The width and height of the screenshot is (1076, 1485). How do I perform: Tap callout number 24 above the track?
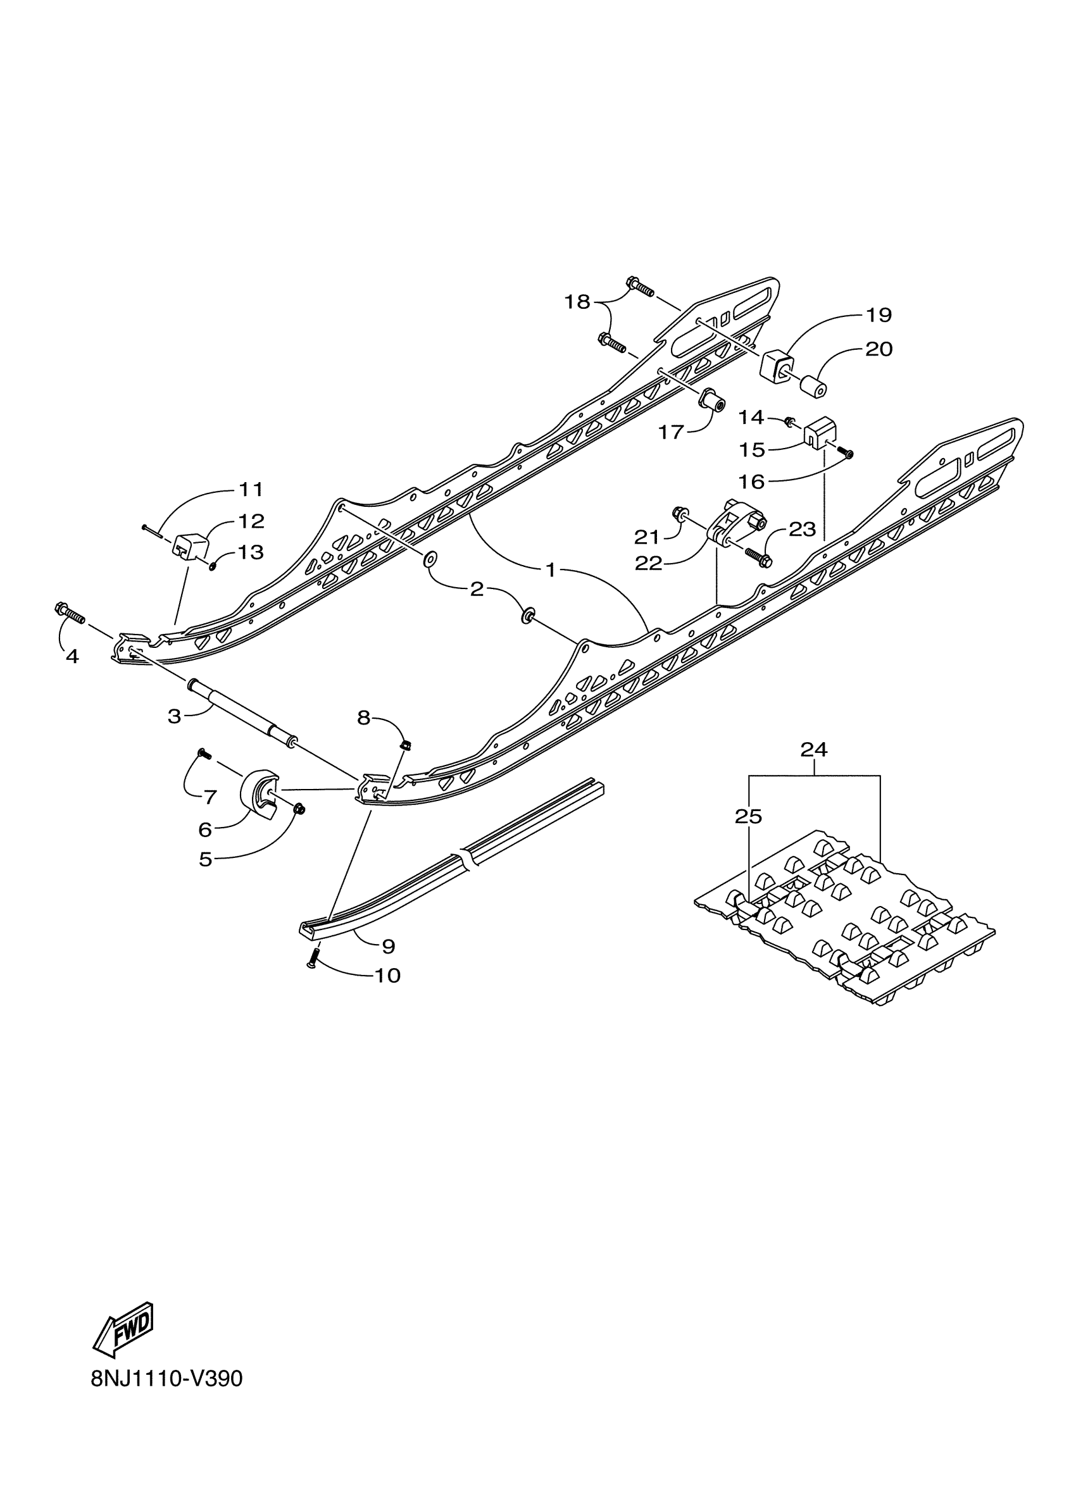pyautogui.click(x=813, y=750)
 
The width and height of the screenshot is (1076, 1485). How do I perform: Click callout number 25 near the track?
pyautogui.click(x=749, y=816)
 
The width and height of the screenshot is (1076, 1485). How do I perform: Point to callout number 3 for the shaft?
pyautogui.click(x=174, y=716)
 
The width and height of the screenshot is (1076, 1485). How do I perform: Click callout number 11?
pyautogui.click(x=250, y=489)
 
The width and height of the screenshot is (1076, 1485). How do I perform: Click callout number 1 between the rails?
pyautogui.click(x=551, y=570)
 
